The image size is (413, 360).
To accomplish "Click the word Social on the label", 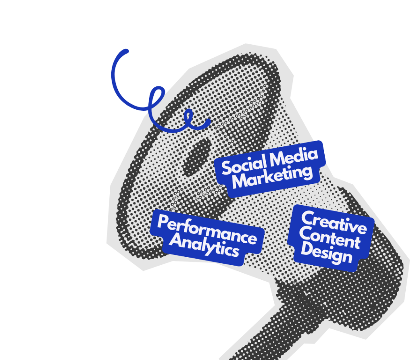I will point(244,164).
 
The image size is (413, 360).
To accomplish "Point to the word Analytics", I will point(204,246).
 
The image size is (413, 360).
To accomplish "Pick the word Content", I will point(330,238).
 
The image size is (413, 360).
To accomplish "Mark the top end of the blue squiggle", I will point(127,51).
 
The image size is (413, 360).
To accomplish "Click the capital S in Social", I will point(227,168).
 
